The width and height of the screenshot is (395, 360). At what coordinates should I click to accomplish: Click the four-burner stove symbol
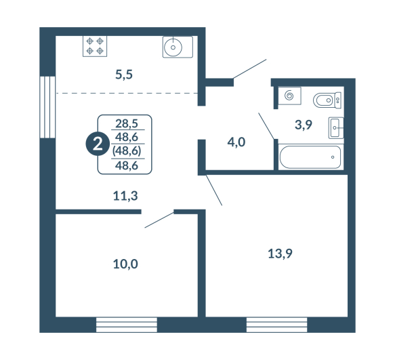click(95, 46)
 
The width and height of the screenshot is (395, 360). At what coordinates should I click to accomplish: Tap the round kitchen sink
click(173, 47)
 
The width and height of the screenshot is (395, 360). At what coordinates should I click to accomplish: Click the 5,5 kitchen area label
click(124, 75)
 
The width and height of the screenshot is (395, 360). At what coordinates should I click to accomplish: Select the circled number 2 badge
click(98, 144)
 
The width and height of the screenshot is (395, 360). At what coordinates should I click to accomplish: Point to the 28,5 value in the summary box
click(127, 123)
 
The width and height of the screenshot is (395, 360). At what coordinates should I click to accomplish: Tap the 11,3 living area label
click(125, 196)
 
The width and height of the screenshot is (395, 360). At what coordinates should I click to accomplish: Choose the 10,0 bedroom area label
click(125, 264)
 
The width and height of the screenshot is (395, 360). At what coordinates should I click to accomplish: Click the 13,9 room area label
click(280, 254)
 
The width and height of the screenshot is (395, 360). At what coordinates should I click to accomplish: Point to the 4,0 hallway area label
click(236, 142)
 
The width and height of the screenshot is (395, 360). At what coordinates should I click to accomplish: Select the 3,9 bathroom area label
click(304, 125)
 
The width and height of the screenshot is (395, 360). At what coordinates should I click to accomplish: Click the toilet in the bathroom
click(327, 100)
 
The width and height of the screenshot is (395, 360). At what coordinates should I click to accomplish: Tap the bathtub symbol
click(311, 157)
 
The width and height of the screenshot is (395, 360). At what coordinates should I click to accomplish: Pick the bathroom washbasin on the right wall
click(336, 128)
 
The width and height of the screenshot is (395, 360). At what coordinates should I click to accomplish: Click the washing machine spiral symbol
click(289, 96)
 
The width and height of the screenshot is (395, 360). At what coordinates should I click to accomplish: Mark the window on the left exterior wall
click(47, 107)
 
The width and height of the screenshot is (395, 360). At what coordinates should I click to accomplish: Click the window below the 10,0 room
click(127, 325)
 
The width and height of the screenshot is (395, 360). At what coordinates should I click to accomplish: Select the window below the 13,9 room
click(277, 325)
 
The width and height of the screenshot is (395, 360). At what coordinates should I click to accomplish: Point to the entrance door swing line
click(250, 69)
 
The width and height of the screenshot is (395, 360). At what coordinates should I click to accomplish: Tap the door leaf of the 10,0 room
click(159, 220)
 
